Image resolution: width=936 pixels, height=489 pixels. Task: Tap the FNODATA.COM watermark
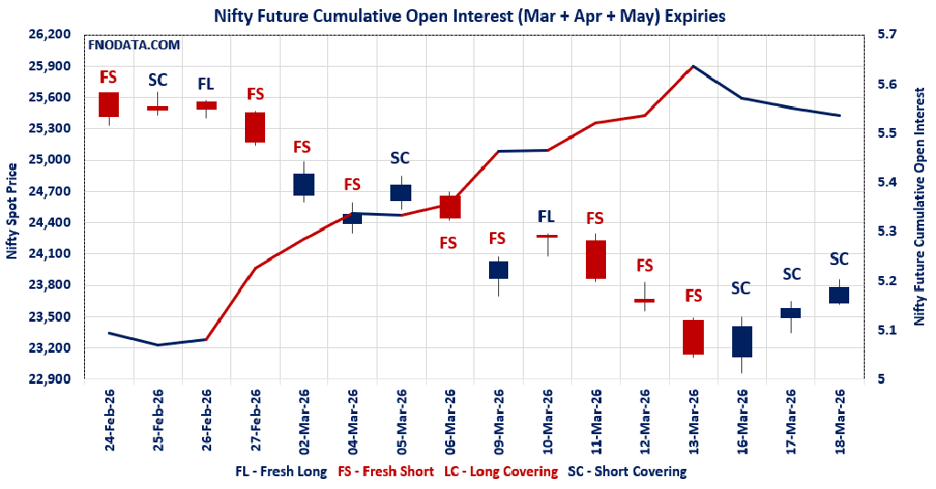click(133, 44)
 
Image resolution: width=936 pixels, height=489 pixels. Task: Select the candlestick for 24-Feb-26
click(109, 104)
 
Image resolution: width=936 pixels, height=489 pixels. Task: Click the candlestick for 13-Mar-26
click(693, 336)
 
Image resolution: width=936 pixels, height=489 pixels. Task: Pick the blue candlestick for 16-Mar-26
click(741, 341)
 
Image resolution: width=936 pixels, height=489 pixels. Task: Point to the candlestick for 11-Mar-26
click(596, 259)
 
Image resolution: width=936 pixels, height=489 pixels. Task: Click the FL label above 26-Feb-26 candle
click(206, 84)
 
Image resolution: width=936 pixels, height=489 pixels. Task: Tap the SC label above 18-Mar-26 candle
click(838, 259)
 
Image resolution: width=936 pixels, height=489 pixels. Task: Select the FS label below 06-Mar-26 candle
click(448, 243)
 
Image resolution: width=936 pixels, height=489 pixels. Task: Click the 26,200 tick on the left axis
click(51, 35)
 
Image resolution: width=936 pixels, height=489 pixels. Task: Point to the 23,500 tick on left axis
click(51, 317)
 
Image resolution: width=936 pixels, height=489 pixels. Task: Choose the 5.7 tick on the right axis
click(888, 35)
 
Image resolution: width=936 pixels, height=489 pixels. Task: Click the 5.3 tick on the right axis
click(888, 231)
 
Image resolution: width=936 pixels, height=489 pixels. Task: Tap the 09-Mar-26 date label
click(498, 421)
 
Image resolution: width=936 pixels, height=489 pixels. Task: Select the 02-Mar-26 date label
click(303, 421)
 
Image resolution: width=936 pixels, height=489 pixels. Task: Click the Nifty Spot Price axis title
click(12, 211)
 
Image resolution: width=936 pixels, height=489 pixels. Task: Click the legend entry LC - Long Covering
click(500, 472)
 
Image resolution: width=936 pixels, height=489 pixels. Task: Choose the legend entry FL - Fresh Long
click(281, 472)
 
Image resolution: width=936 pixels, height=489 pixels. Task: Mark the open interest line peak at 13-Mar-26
click(693, 66)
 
